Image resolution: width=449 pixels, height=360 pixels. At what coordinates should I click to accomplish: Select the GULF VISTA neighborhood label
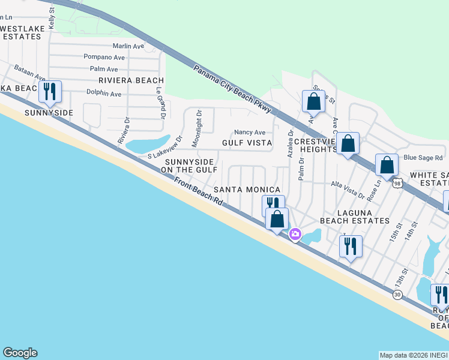pyautogui.click(x=247, y=143)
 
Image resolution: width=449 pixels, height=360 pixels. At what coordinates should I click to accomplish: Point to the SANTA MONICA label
pyautogui.click(x=247, y=189)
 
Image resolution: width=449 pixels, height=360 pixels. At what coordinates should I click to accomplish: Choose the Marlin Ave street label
pyautogui.click(x=128, y=46)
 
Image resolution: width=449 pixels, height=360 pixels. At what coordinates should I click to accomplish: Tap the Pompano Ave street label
pyautogui.click(x=104, y=57)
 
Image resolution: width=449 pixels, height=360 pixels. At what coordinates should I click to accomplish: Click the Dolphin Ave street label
pyautogui.click(x=104, y=94)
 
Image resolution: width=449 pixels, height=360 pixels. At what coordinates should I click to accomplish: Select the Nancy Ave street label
pyautogui.click(x=250, y=132)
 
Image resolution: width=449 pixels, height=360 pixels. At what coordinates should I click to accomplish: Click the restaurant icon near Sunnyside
pyautogui.click(x=50, y=92)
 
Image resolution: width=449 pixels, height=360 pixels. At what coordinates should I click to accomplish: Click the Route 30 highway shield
pyautogui.click(x=398, y=294)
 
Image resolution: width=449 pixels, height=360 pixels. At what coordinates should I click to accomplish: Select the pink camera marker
pyautogui.click(x=295, y=234)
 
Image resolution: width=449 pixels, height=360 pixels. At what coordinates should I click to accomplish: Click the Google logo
pyautogui.click(x=20, y=353)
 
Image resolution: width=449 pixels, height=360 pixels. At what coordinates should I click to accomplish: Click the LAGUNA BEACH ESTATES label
pyautogui.click(x=355, y=217)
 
